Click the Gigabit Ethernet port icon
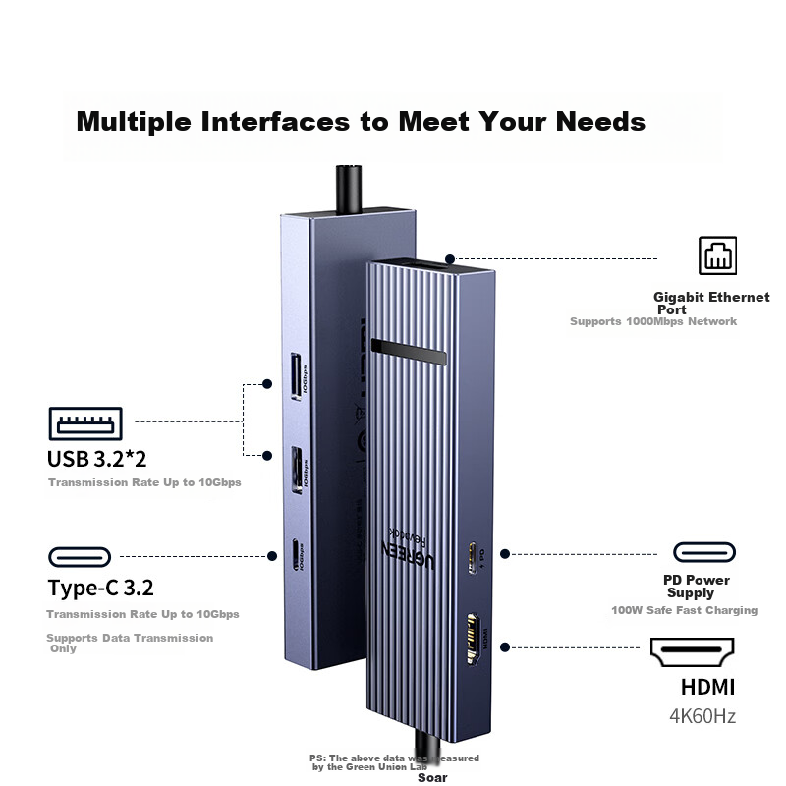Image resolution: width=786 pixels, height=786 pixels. (717, 255)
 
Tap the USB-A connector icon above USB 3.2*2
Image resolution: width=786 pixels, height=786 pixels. (85, 423)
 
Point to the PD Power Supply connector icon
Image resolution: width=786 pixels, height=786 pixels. (704, 552)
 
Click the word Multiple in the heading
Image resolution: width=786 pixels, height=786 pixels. (134, 122)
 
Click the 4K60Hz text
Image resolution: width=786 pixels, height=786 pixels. (702, 715)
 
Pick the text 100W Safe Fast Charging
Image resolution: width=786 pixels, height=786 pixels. (684, 610)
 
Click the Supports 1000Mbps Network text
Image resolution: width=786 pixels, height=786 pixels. (653, 321)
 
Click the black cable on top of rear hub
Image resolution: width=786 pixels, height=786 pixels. (347, 189)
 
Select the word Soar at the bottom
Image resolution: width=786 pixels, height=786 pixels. (432, 778)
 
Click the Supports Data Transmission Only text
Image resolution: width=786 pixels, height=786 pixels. (130, 643)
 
